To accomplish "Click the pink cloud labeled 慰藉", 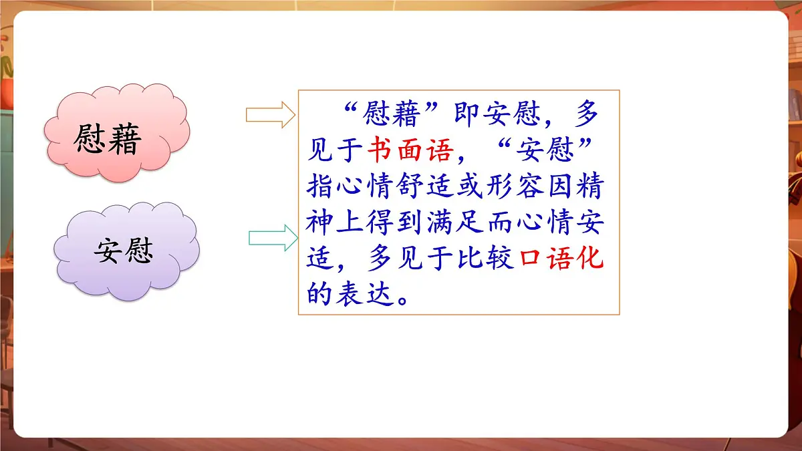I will click(117, 131).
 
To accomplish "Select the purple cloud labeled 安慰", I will click(125, 250).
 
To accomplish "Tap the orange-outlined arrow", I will click(270, 115).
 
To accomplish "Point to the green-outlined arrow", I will click(273, 238).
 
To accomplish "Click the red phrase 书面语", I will click(410, 152).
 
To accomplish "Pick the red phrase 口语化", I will click(561, 260).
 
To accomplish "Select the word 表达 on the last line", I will click(365, 295).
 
